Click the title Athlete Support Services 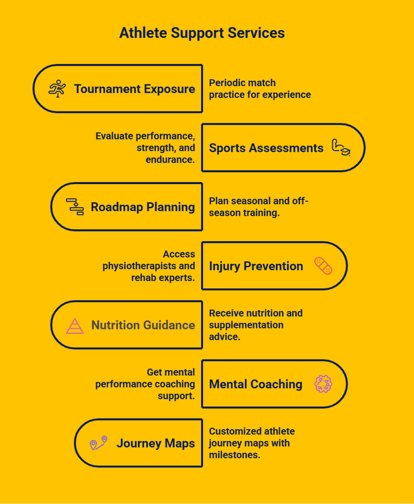202,33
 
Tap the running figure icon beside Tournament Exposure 57,89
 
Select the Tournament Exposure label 134,89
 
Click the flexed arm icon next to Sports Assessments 341,148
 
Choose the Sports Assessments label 266,148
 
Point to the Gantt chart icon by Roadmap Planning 75,207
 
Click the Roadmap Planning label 143,207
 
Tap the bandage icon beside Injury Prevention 323,266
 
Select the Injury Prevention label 256,266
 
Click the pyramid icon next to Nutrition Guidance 75,325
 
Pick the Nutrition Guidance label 143,325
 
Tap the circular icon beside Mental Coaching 323,384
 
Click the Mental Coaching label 256,384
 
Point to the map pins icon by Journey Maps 98,443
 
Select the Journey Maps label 155,444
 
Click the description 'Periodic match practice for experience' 260,89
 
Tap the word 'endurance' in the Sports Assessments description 169,159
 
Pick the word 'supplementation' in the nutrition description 246,325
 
